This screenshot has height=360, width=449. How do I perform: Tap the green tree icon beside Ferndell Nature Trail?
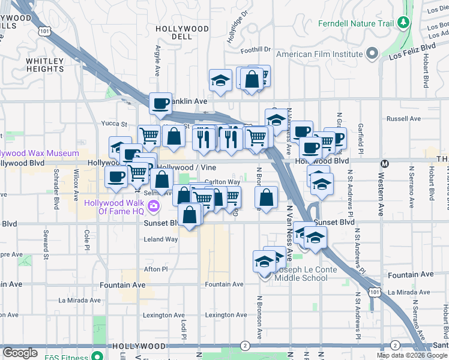pyautogui.click(x=404, y=23)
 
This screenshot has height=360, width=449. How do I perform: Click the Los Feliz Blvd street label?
pyautogui.click(x=412, y=52)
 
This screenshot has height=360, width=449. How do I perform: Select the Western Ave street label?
pyautogui.click(x=381, y=194)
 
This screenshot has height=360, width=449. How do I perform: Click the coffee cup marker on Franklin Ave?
pyautogui.click(x=160, y=103)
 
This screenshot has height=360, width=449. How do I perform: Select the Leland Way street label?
pyautogui.click(x=161, y=239)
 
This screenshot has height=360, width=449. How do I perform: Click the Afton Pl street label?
pyautogui.click(x=155, y=269)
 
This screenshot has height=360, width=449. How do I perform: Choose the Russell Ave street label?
pyautogui.click(x=400, y=119)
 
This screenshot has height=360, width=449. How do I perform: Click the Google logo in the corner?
pyautogui.click(x=20, y=353)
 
